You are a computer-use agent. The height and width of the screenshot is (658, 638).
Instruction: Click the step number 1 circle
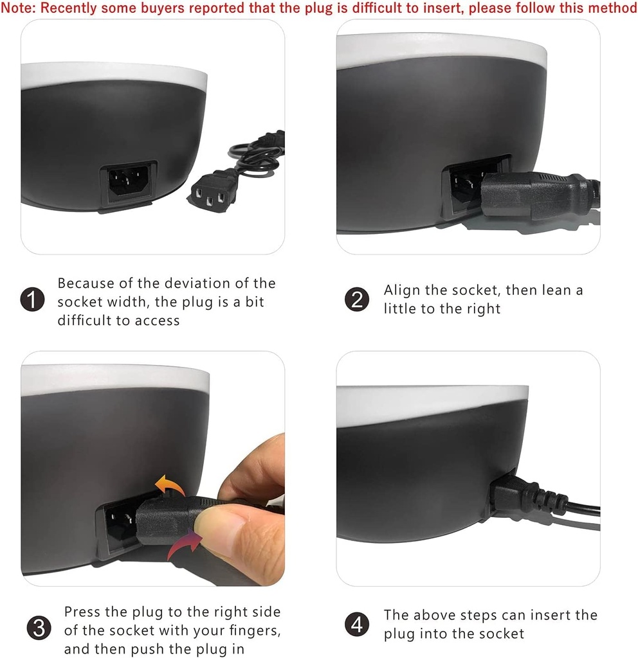(x=32, y=299)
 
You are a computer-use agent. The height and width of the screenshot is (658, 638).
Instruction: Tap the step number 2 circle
(x=357, y=299)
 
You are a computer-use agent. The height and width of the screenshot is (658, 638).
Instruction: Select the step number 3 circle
(x=39, y=628)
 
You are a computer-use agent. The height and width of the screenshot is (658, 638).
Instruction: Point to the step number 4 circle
(x=357, y=625)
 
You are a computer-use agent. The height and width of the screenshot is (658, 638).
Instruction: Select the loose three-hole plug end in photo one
(x=209, y=190)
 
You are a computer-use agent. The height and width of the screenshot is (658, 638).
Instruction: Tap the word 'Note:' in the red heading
(x=18, y=8)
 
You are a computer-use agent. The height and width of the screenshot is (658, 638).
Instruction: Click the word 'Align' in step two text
(x=402, y=290)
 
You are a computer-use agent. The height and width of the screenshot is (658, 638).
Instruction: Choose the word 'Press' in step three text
(x=82, y=612)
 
